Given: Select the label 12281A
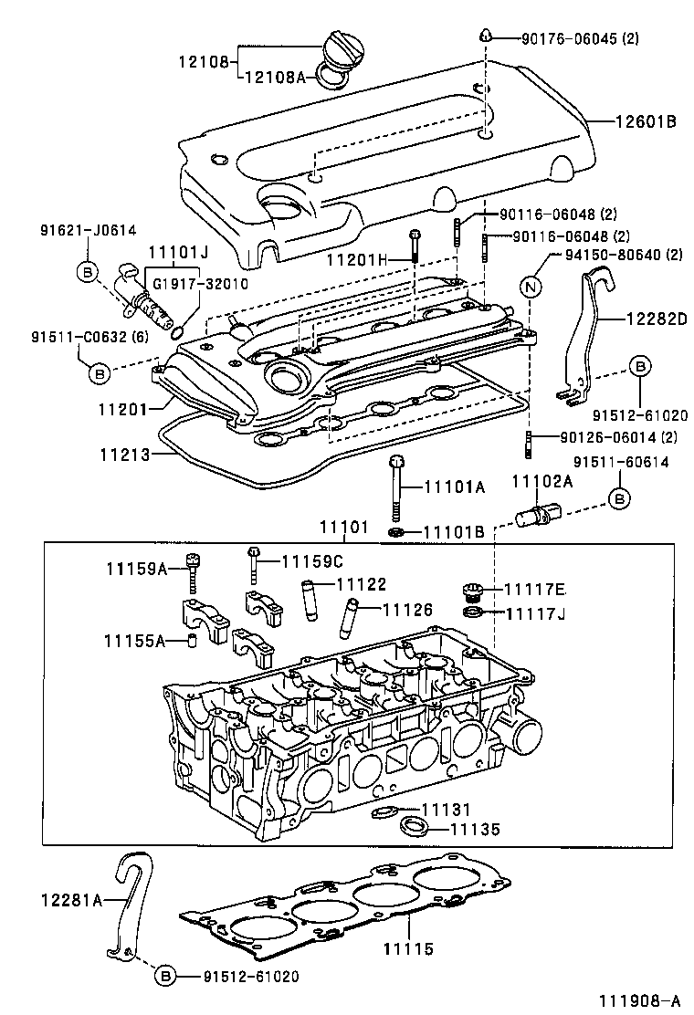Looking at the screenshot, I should (x=70, y=900).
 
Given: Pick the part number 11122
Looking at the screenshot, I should (x=362, y=583).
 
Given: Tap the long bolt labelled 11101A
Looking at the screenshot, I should (x=398, y=488).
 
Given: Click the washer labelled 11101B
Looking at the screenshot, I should (x=396, y=531).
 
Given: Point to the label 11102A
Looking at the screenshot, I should (x=541, y=482).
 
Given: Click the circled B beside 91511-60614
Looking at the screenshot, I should (x=619, y=498).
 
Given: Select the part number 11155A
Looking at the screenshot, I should (x=133, y=642).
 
